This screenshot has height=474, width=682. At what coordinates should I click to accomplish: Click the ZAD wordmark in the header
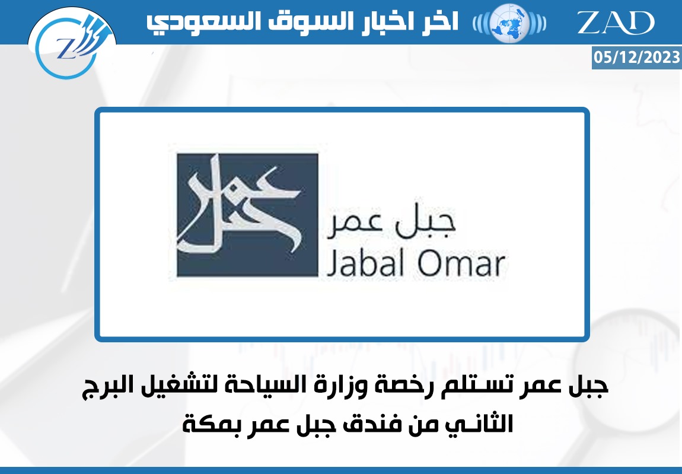pos(616,22)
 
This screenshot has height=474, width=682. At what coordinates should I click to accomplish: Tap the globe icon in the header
pos(509,23)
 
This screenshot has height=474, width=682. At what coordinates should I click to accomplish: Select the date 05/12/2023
pos(637,57)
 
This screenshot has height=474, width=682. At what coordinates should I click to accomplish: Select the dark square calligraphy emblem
pos(247,215)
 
